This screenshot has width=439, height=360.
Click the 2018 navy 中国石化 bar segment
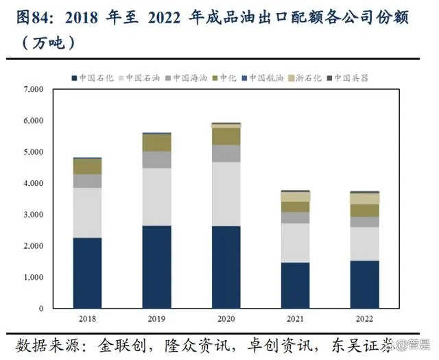pos(87,273)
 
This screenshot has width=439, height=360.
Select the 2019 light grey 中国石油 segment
pos(156,197)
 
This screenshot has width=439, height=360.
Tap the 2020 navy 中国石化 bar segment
pos(226,267)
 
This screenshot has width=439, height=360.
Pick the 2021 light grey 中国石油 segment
pos(295,243)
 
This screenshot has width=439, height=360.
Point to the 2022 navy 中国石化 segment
pos(364,284)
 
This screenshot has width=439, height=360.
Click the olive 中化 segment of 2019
pos(156,143)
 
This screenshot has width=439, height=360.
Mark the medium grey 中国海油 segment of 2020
pos(226,153)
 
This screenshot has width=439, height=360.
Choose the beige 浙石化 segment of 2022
pos(364,199)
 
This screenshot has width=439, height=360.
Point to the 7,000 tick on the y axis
pos(34,90)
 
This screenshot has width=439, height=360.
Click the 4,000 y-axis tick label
pos(34,184)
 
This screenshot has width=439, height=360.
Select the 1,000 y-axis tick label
pos(34,278)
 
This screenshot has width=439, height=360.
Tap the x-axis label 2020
pos(226,319)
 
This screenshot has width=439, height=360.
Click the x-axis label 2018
pos(87,319)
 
